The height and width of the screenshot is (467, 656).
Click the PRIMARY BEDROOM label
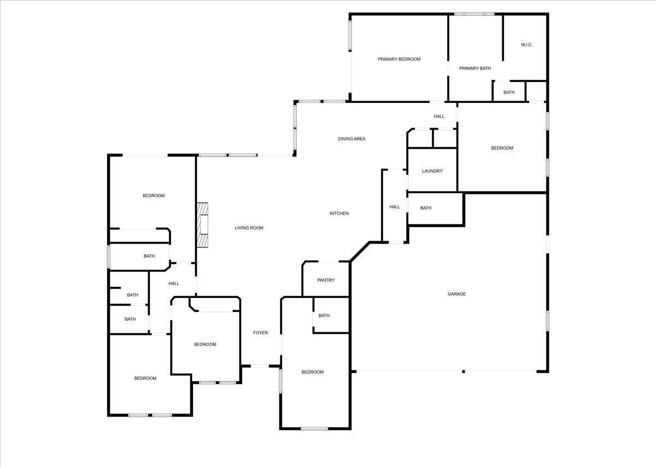[x=399, y=59]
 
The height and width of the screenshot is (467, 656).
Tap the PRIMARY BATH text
[x=475, y=68]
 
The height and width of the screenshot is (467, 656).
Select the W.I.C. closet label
[x=526, y=45]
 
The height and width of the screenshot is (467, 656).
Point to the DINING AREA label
[x=352, y=139]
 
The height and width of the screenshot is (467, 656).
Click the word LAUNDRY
[x=432, y=171]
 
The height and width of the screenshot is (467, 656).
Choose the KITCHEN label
[x=339, y=214]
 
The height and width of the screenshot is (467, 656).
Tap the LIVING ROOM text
[x=249, y=228]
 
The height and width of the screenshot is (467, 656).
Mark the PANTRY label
[x=326, y=280]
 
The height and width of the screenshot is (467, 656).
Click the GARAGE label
[x=457, y=294]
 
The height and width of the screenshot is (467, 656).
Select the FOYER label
[x=260, y=333]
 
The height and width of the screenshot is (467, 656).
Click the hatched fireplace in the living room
[x=203, y=225]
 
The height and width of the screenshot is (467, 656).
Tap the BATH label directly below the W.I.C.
[x=509, y=93]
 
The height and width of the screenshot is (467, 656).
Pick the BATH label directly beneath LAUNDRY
[x=426, y=208]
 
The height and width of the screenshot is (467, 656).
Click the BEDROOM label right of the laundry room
[x=502, y=148]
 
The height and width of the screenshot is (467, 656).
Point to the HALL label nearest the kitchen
[x=395, y=207]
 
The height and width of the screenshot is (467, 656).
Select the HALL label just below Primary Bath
[x=439, y=117]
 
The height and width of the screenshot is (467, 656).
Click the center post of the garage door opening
[x=464, y=372]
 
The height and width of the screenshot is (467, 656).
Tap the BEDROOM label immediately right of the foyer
[x=313, y=372]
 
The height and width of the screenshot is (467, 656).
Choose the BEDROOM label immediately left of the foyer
[x=205, y=344]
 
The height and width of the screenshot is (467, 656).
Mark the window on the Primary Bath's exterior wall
[x=475, y=14]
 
